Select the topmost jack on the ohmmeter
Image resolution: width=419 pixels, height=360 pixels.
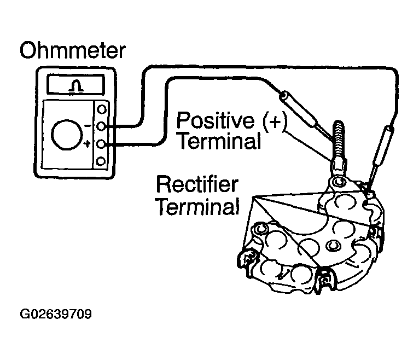101,110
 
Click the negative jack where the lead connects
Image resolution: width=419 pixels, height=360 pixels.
101,127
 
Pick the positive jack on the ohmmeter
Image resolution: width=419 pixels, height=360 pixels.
101,144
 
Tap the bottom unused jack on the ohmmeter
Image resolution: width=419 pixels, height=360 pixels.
101,161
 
